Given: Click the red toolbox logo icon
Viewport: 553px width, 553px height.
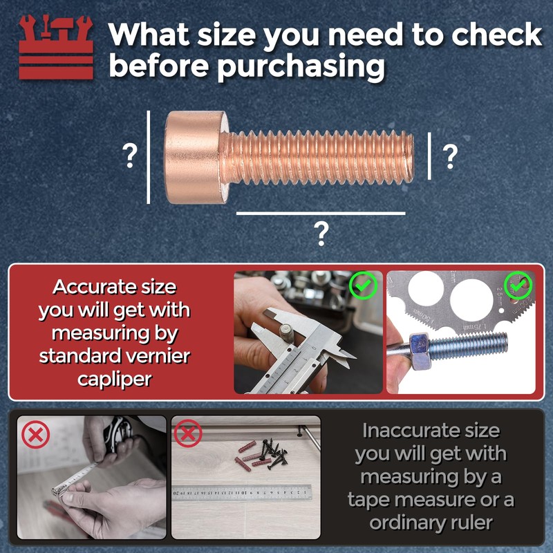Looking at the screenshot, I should click(x=56, y=46).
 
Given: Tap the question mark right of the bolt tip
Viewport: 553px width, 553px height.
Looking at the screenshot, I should click(x=449, y=158).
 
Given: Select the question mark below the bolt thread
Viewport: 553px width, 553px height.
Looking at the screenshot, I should click(x=321, y=235).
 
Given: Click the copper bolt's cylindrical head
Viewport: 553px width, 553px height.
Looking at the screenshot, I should click(x=195, y=158).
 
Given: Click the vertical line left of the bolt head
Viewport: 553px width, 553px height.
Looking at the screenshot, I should click(x=149, y=158).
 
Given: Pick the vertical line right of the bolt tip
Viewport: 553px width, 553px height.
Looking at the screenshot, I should click(x=431, y=156).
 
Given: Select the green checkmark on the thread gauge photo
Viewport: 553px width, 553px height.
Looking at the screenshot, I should click(x=518, y=284).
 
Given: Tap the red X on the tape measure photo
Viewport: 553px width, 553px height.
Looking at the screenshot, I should click(x=35, y=435).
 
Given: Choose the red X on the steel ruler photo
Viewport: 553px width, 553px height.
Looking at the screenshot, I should click(x=188, y=435).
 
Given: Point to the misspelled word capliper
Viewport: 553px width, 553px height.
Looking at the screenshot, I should click(x=115, y=379).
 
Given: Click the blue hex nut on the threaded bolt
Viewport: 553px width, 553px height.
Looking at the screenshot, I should click(x=420, y=344).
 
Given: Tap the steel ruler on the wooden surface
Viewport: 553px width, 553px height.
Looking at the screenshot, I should click(x=242, y=494).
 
